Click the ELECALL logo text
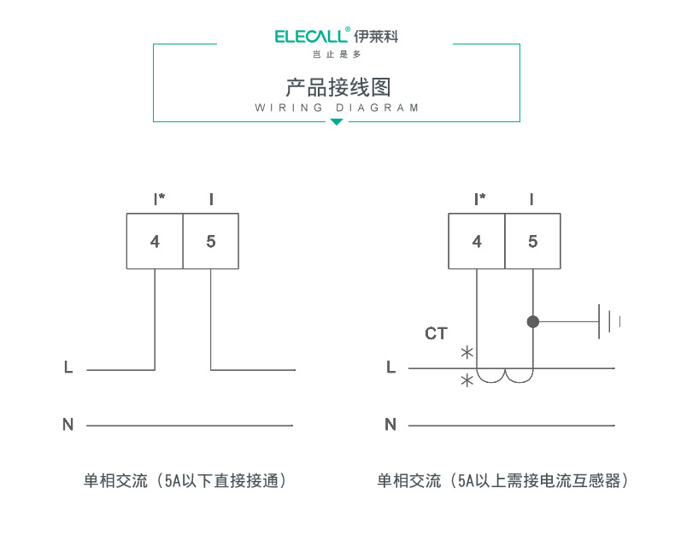(x=312, y=36)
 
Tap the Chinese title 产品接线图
(x=337, y=87)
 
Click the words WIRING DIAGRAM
(x=337, y=109)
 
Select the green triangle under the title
(x=337, y=122)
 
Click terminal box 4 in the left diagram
(x=155, y=242)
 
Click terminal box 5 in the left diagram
(x=211, y=242)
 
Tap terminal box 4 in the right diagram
(x=477, y=242)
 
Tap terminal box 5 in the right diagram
(x=533, y=242)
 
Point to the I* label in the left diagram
(x=159, y=200)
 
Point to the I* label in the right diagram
(x=480, y=200)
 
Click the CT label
(x=436, y=333)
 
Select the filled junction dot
(x=533, y=322)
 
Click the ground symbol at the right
(x=609, y=322)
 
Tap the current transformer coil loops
(x=505, y=376)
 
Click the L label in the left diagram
(x=68, y=368)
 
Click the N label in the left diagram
(x=68, y=424)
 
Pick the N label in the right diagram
(x=390, y=424)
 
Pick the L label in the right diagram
(x=391, y=367)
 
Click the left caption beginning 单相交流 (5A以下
(x=185, y=481)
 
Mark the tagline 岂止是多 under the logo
(x=337, y=55)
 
